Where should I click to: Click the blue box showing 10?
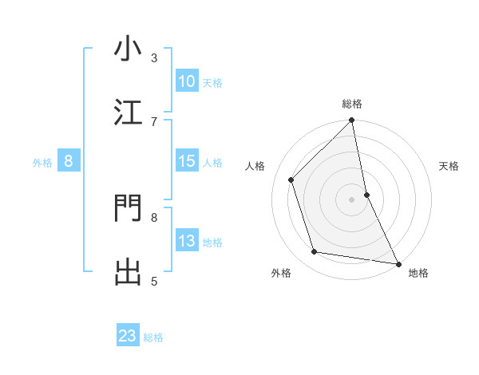click(x=186, y=81)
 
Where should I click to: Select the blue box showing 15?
click(x=186, y=161)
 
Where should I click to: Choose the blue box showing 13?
click(x=186, y=241)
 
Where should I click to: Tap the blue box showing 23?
click(x=128, y=336)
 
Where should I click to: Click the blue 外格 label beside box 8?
click(x=42, y=163)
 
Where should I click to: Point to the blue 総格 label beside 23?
click(x=154, y=337)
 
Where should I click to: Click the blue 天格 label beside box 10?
click(x=212, y=83)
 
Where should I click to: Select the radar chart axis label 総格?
click(x=352, y=104)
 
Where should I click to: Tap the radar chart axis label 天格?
click(x=449, y=166)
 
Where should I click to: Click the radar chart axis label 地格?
click(x=418, y=273)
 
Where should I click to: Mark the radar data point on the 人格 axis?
click(x=291, y=180)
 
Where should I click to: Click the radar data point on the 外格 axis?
click(x=315, y=252)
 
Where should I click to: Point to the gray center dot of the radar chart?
click(x=352, y=199)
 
